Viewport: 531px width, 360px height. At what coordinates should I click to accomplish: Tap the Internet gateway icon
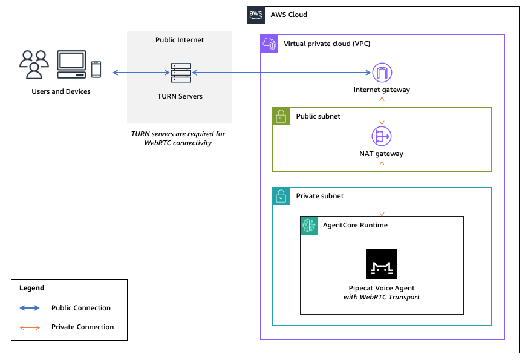(382, 73)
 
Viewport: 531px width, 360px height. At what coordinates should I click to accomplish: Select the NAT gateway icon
(382, 136)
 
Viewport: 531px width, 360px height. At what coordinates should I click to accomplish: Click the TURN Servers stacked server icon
(180, 73)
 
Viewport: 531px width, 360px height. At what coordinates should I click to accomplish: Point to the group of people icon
(34, 65)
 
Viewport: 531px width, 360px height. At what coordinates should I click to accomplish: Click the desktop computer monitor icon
(71, 65)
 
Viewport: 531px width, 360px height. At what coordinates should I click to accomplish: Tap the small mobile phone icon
(96, 69)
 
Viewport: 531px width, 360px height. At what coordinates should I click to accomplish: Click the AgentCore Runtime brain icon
(309, 225)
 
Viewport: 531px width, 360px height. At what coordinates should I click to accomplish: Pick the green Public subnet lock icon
(281, 116)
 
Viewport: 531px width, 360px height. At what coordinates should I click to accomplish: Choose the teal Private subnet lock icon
(281, 196)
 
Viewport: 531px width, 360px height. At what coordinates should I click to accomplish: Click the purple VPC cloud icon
(269, 44)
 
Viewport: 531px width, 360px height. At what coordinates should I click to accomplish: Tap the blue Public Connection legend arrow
(30, 308)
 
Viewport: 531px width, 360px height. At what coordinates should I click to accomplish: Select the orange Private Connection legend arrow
(30, 327)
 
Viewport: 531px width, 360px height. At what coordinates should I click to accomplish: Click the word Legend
(31, 289)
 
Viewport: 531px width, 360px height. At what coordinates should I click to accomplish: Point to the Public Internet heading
(180, 40)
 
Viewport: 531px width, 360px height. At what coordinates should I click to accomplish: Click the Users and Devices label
(61, 92)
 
